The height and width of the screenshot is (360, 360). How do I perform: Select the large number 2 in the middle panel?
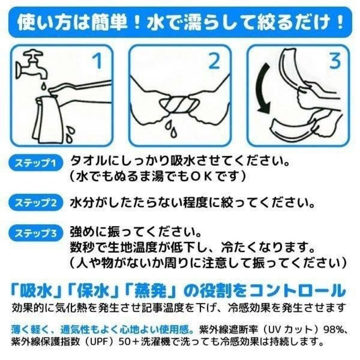click(x=214, y=60)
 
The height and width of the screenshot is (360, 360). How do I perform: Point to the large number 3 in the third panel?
click(x=335, y=60)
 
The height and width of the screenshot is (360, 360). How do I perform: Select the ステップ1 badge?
click(x=36, y=163)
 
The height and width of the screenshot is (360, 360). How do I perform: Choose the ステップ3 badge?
click(x=36, y=233)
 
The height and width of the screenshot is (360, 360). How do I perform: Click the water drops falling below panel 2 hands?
click(x=171, y=127)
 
